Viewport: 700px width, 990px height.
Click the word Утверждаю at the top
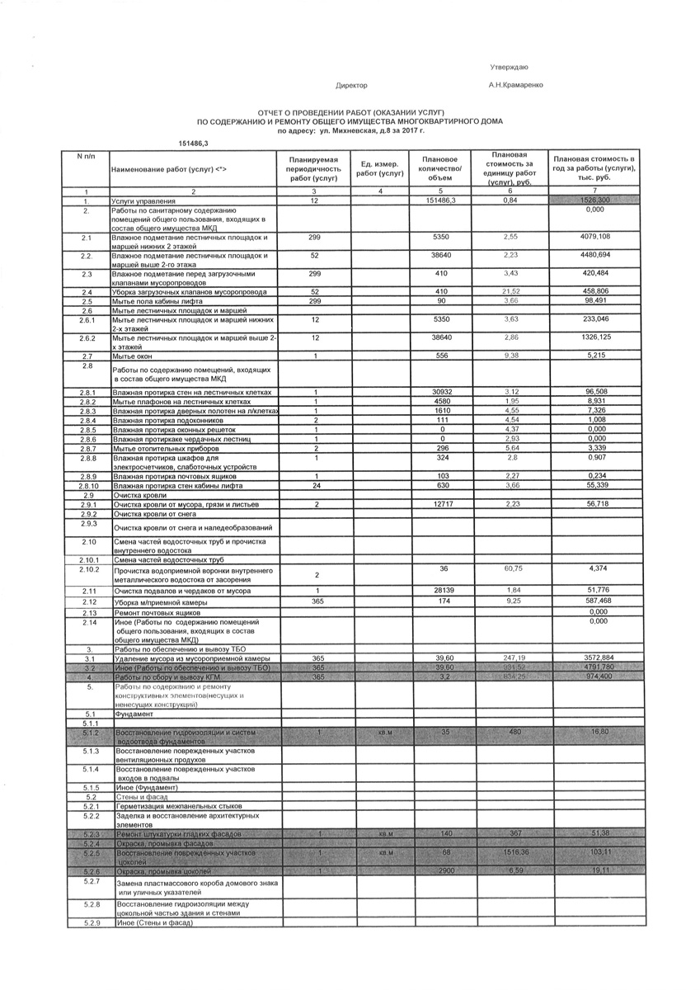point(509,66)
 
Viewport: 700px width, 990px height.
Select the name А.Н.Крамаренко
point(515,85)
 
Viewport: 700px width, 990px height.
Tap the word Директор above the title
point(352,85)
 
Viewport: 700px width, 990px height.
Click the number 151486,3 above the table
point(194,144)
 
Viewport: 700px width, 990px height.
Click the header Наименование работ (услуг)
point(169,169)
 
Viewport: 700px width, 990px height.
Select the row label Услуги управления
point(143,201)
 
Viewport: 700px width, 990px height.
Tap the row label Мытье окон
point(132,355)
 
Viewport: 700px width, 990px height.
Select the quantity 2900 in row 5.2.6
point(444,871)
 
